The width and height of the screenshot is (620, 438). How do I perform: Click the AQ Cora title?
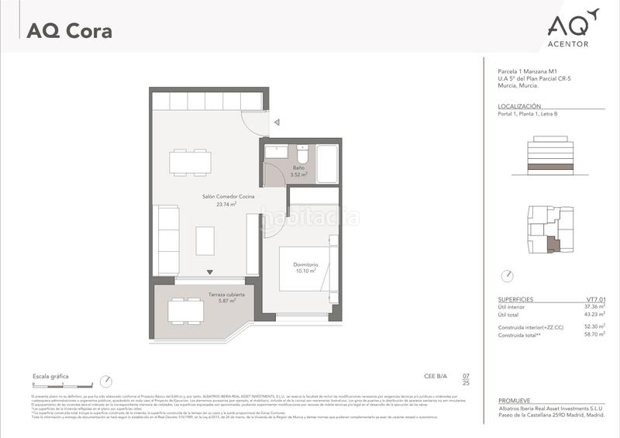[x=69, y=32]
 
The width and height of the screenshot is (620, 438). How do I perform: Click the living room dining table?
[x=190, y=162]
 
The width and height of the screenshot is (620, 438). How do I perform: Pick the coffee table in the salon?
[x=205, y=240]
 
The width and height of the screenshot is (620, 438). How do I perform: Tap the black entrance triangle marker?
[x=209, y=272]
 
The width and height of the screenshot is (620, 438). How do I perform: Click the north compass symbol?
[x=508, y=275]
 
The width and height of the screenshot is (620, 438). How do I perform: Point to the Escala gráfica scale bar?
[x=61, y=385]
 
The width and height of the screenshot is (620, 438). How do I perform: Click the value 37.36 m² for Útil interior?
[x=594, y=306]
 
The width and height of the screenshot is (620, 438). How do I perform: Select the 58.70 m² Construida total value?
[x=594, y=334]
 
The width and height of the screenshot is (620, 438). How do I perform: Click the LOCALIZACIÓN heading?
[x=518, y=105]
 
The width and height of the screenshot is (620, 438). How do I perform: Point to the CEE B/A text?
[x=436, y=377]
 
